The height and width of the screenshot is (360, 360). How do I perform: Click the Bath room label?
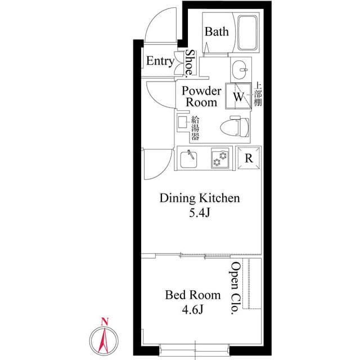click(x=217, y=31)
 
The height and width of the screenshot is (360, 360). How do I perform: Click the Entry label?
click(x=160, y=61)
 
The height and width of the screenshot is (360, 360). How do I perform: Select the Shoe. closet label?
click(x=191, y=62)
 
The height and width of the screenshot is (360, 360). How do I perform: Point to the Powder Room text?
click(x=201, y=97)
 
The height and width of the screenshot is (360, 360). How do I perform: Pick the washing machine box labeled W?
click(x=238, y=96)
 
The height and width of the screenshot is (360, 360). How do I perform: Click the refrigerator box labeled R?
click(x=248, y=158)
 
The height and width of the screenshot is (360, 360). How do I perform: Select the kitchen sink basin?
click(x=190, y=158)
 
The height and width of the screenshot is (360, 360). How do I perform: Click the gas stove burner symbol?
click(x=219, y=159)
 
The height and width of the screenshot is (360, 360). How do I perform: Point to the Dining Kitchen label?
click(x=200, y=198)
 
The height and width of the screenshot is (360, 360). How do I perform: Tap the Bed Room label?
click(x=188, y=294)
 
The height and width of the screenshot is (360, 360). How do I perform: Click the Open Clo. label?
click(x=236, y=290)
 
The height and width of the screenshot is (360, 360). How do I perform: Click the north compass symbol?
click(x=104, y=339)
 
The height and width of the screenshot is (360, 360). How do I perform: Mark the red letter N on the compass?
click(x=104, y=322)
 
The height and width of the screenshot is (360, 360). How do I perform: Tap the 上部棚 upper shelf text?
click(x=258, y=95)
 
